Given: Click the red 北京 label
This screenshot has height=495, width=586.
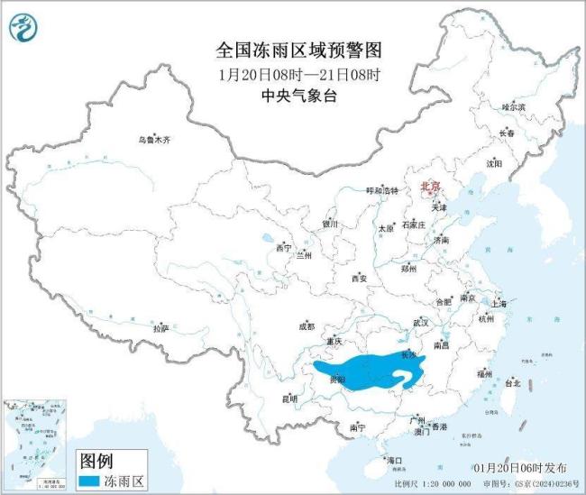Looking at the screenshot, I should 431,187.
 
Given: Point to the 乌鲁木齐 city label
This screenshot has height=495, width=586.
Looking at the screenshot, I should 153,140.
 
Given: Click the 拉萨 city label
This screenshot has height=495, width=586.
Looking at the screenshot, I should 161,328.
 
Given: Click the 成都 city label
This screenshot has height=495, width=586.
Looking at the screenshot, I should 306,326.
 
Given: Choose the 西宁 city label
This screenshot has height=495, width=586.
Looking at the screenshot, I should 284,247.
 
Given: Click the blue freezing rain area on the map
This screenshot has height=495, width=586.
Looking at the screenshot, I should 361,372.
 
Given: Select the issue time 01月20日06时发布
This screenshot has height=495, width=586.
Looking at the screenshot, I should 520,468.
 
